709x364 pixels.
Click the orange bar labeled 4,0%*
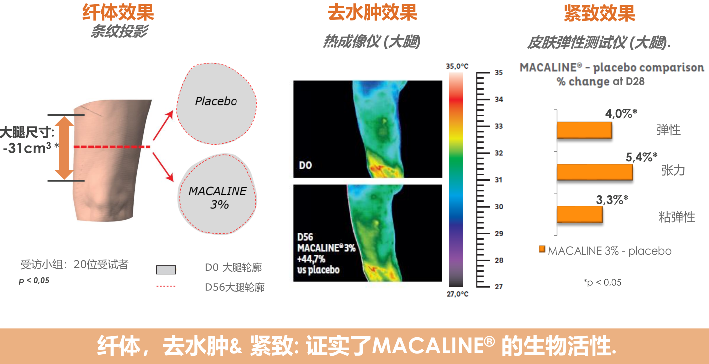[x=584, y=130]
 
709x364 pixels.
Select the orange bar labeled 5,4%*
[x=595, y=172]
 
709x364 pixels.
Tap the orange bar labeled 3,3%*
[x=580, y=214]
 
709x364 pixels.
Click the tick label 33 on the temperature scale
[x=499, y=126]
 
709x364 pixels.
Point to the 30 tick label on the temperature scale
[x=499, y=207]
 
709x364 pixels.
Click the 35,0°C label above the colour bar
[x=457, y=66]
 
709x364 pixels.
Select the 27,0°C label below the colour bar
[x=457, y=294]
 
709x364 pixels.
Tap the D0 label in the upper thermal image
[x=305, y=165]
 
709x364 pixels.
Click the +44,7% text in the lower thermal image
[x=311, y=259]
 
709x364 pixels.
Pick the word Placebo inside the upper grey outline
[x=216, y=101]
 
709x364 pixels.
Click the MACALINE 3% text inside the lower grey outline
[x=218, y=198]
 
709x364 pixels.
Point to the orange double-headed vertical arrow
[x=64, y=148]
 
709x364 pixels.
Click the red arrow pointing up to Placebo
[x=163, y=125]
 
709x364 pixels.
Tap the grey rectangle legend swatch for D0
[x=166, y=270]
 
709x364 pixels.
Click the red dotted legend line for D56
[x=166, y=286]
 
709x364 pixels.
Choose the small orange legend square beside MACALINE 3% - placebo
[x=542, y=249]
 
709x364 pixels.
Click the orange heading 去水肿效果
[x=372, y=13]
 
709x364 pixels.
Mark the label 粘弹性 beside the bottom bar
[x=677, y=217]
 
